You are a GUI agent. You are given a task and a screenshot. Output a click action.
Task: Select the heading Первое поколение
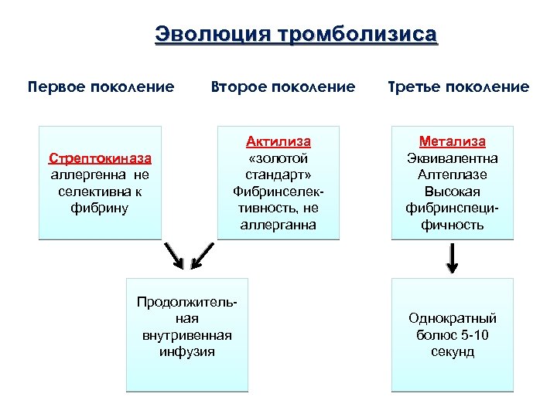[101, 86]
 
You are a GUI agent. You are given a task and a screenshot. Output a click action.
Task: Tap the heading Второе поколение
[283, 86]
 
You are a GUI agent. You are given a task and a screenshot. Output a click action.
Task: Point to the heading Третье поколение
[460, 86]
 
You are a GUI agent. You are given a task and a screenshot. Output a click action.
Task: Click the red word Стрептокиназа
[100, 158]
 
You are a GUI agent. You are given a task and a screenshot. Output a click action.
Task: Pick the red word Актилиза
[278, 141]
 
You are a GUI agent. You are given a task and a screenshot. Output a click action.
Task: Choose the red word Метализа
[453, 141]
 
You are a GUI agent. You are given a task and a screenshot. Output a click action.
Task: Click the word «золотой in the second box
[278, 158]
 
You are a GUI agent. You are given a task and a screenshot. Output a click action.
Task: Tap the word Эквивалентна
[453, 158]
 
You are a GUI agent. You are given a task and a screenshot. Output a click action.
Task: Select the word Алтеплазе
[453, 175]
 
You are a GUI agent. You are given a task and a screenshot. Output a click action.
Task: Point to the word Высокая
[453, 192]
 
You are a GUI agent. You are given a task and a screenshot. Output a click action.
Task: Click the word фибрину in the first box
[100, 208]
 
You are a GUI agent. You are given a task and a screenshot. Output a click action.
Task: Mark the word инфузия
[187, 351]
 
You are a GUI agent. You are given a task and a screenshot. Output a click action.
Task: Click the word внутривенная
[187, 335]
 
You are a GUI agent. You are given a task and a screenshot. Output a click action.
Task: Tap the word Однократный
[453, 318]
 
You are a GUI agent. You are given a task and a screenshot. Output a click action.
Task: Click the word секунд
[453, 352]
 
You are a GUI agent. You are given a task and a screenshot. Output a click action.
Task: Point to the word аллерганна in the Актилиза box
[278, 225]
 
